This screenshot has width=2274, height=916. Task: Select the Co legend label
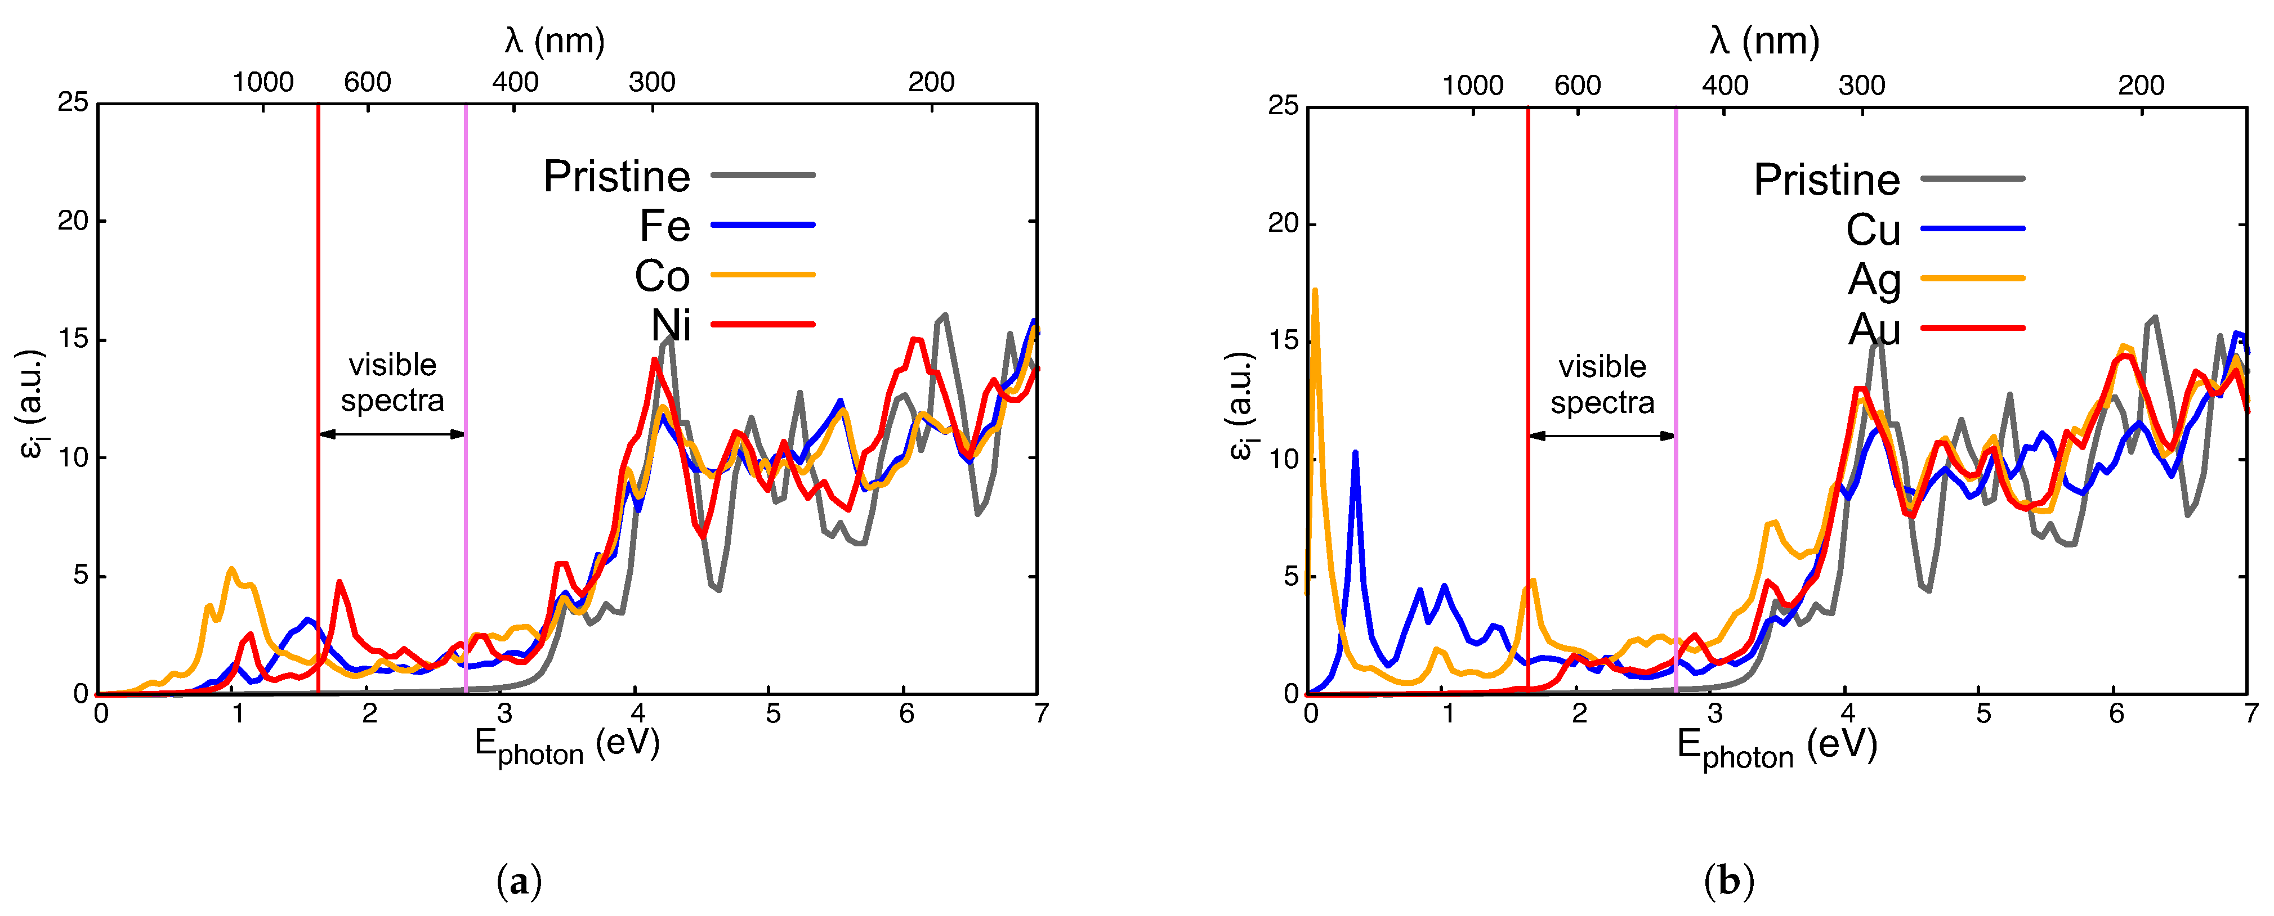coord(662,276)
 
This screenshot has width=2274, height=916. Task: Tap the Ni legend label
coord(671,326)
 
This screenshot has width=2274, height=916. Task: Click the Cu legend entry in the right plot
coord(1873,230)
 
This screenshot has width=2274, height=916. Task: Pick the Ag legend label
coord(1873,281)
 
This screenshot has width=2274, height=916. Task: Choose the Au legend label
coord(1873,330)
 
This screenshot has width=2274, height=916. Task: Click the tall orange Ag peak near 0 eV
coord(1315,292)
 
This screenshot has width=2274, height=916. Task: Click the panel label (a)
coord(519,881)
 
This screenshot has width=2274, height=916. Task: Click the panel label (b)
coord(1728,881)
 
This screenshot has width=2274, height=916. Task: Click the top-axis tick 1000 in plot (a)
coord(262,82)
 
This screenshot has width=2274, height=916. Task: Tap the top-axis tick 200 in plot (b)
coord(2141,86)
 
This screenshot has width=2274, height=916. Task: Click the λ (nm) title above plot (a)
coord(555,41)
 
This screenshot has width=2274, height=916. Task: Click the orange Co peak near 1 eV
coord(231,570)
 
